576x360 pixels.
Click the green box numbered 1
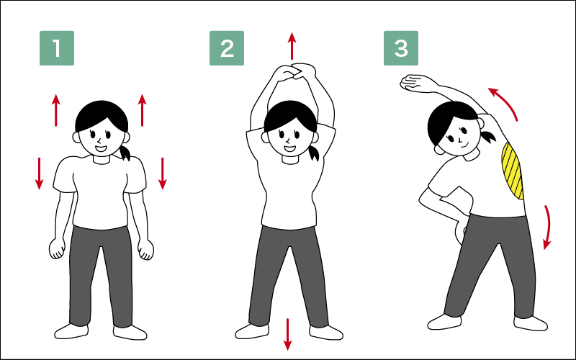57,48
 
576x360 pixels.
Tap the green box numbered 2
227,48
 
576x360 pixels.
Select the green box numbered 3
401,48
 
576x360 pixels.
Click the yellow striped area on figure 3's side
512,171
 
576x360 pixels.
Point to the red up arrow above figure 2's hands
292,46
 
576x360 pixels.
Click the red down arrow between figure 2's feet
287,334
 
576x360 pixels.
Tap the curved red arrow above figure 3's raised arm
503,102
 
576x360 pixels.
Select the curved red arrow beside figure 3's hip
548,227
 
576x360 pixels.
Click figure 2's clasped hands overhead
293,73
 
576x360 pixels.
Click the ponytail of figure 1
125,153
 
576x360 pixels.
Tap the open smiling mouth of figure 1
101,149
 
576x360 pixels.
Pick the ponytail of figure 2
313,153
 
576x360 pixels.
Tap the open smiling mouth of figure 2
289,149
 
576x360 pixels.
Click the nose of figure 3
460,139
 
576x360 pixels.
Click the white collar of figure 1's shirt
101,160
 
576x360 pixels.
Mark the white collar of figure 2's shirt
291,160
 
